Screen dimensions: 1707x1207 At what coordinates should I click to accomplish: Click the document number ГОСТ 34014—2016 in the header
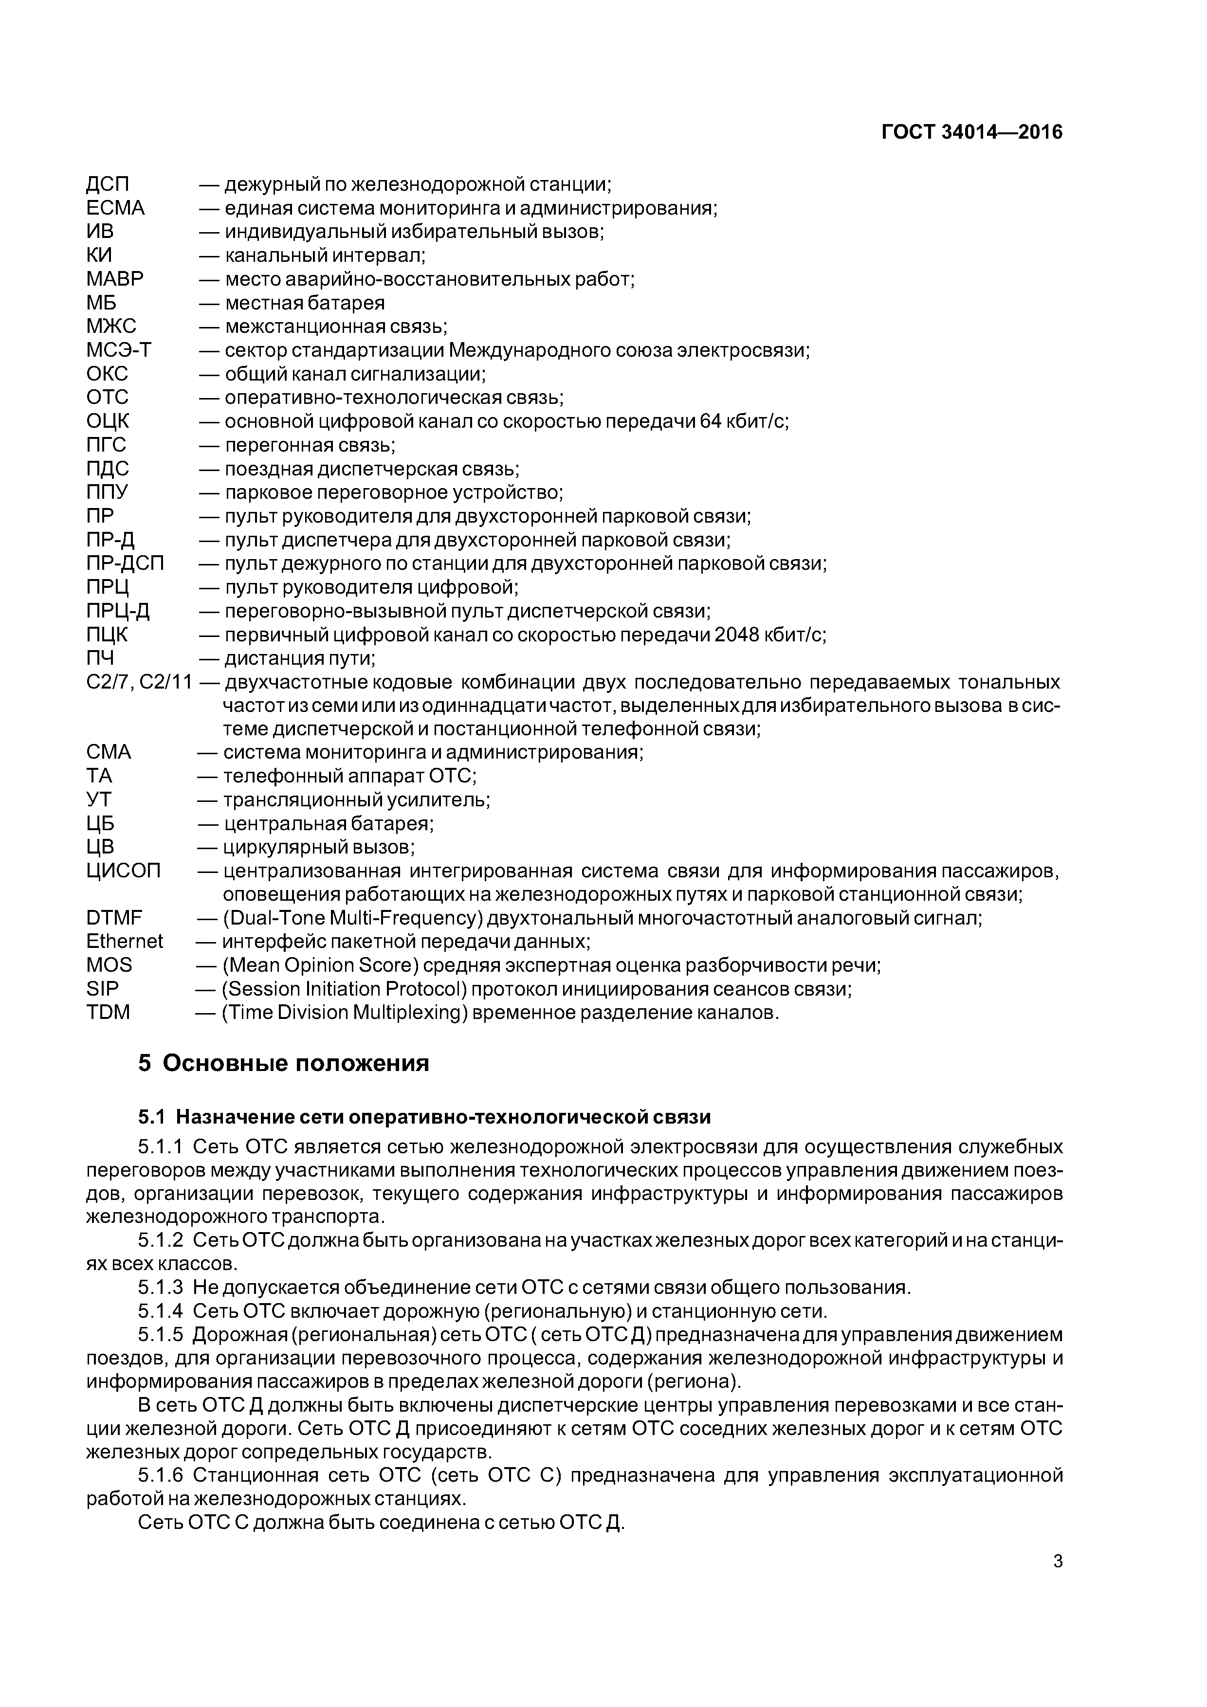pos(971,132)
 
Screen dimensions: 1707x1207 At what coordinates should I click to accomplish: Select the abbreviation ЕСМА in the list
pos(115,208)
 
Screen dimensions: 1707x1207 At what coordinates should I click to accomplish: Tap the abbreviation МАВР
pos(115,279)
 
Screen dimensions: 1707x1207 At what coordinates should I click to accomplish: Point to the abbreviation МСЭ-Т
pos(119,350)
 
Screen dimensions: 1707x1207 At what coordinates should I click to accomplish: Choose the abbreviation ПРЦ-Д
pos(118,611)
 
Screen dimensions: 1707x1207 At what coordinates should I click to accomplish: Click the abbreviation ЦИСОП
pos(124,871)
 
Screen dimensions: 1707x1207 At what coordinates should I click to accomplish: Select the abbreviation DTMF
pos(114,918)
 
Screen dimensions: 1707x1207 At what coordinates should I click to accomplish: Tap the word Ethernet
pos(124,942)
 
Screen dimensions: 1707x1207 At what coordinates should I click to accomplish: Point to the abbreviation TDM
pos(108,1013)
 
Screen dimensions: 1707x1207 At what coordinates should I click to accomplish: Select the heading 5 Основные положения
pos(283,1064)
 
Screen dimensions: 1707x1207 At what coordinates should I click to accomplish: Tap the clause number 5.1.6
pos(160,1475)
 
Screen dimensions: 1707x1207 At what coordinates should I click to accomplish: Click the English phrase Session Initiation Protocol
pos(343,990)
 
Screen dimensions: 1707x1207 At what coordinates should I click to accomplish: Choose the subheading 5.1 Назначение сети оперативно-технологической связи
pos(424,1117)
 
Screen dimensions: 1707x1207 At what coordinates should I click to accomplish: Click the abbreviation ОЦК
pos(108,421)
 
